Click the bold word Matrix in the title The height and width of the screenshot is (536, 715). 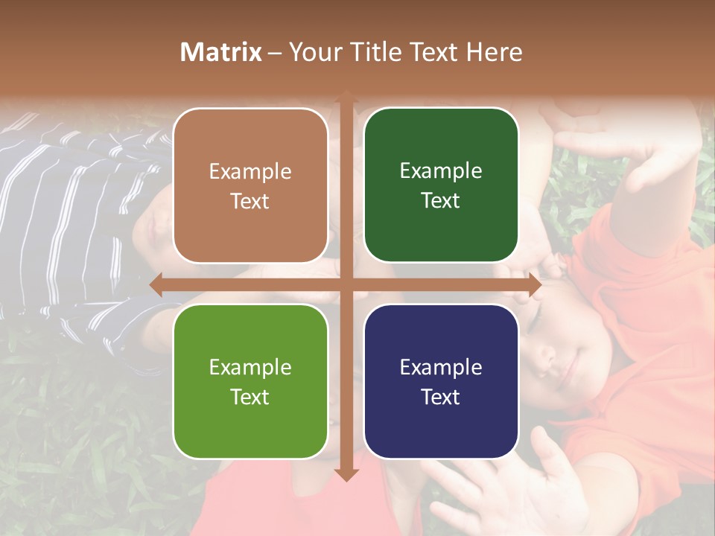pyautogui.click(x=221, y=52)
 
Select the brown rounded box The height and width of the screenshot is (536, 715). pyautogui.click(x=250, y=185)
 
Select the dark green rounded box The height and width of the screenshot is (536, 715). pyautogui.click(x=441, y=185)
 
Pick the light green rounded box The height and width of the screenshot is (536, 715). pyautogui.click(x=250, y=381)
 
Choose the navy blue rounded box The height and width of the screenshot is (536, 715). pyautogui.click(x=441, y=381)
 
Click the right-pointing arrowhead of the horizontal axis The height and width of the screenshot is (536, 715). pyautogui.click(x=534, y=285)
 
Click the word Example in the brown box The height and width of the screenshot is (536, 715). pyautogui.click(x=250, y=172)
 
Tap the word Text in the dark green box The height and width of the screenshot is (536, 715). pyautogui.click(x=441, y=200)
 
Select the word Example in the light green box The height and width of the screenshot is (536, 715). pyautogui.click(x=250, y=368)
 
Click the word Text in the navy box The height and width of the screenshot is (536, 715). pyautogui.click(x=441, y=397)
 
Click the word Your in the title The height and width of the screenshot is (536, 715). pyautogui.click(x=312, y=52)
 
